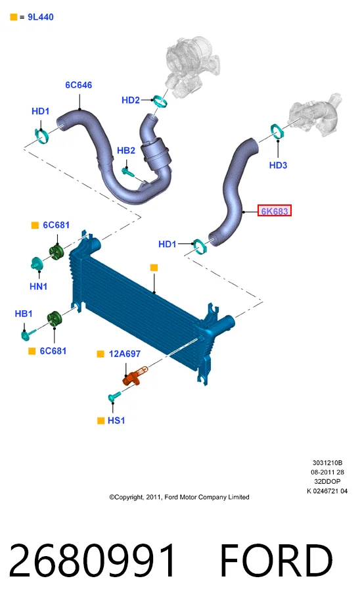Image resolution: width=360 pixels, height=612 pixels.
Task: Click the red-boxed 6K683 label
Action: point(275,211)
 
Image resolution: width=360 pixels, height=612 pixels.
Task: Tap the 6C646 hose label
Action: point(78,85)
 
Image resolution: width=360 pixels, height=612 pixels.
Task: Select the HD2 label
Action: point(130,101)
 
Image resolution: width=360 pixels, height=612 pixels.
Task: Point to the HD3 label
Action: point(278,166)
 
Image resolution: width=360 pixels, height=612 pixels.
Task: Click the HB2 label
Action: point(126,151)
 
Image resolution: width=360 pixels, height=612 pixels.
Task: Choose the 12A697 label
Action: point(124,354)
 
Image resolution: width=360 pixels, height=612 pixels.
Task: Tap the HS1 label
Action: point(116,421)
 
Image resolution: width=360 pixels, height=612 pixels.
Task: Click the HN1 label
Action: point(38,287)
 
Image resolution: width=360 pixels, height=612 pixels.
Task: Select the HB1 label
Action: point(24,314)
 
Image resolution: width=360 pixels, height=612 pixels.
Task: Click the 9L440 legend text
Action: point(41,17)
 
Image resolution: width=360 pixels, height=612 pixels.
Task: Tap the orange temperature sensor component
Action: point(135,376)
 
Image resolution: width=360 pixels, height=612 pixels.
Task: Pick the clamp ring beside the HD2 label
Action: point(160,101)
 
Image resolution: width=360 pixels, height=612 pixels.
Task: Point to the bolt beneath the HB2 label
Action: point(128,172)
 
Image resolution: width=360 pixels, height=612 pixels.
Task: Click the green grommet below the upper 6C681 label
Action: point(56,252)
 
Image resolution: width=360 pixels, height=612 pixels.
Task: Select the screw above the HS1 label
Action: point(114,397)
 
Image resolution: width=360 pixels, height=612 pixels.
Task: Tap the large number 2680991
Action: point(92,561)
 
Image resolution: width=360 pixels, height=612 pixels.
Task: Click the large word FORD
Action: point(276,561)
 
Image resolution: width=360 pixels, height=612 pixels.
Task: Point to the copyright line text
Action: point(179,497)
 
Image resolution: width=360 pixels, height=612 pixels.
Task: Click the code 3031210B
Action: point(327,463)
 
